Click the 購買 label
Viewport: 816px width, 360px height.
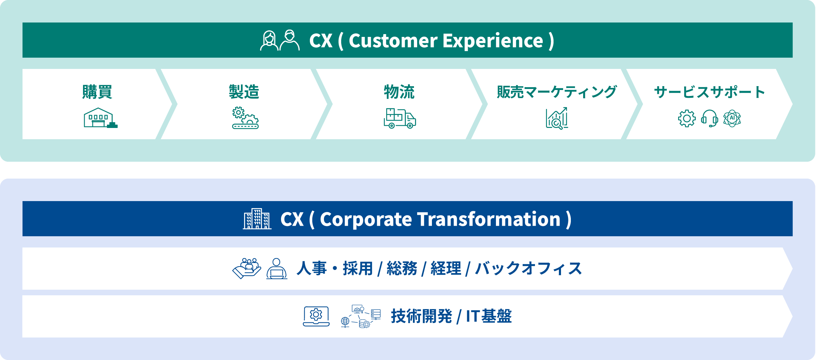pyautogui.click(x=97, y=92)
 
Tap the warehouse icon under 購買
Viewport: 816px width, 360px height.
pyautogui.click(x=101, y=118)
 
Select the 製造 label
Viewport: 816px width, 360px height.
pyautogui.click(x=244, y=92)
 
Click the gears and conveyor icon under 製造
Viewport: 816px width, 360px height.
pyautogui.click(x=246, y=118)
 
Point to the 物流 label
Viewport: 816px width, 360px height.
pyautogui.click(x=399, y=92)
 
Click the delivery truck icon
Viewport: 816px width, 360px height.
pyautogui.click(x=400, y=118)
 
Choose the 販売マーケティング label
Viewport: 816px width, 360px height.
pyautogui.click(x=557, y=92)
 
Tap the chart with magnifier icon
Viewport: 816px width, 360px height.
pyautogui.click(x=557, y=118)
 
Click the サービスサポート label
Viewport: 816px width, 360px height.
pyautogui.click(x=709, y=92)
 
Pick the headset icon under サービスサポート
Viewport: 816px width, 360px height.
pyautogui.click(x=709, y=118)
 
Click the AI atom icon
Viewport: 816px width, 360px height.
pyautogui.click(x=732, y=118)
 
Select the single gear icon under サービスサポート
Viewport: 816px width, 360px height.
pyautogui.click(x=687, y=118)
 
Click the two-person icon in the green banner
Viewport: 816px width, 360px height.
pyautogui.click(x=280, y=40)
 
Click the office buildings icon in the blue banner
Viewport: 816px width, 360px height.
pyautogui.click(x=257, y=219)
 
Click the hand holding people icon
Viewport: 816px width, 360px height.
pyautogui.click(x=247, y=269)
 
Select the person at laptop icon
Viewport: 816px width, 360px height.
pyautogui.click(x=277, y=269)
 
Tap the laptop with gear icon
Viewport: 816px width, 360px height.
pyautogui.click(x=316, y=316)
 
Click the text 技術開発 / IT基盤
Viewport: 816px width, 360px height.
pyautogui.click(x=451, y=316)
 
